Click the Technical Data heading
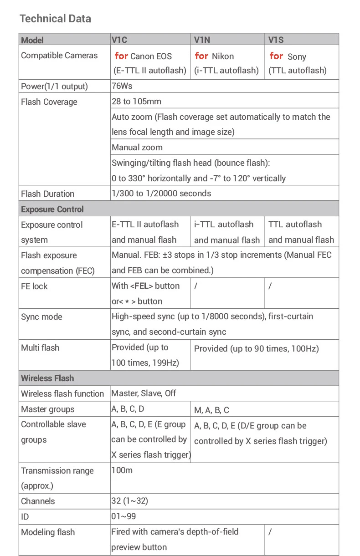tap(55, 19)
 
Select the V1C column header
tap(119, 40)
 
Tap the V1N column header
tap(202, 40)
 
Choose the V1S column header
tap(276, 40)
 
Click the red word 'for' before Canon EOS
tap(121, 56)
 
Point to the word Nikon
tap(223, 56)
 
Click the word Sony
tap(297, 57)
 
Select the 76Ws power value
tap(122, 86)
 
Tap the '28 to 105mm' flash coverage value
tap(136, 101)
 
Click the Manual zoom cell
tap(137, 147)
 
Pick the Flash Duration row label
tap(47, 194)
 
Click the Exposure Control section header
tap(52, 209)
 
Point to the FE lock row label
tap(34, 286)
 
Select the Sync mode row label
tap(41, 317)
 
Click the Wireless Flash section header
tap(47, 378)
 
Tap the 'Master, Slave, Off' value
tap(144, 393)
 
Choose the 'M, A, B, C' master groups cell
tap(211, 410)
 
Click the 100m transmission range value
tap(122, 470)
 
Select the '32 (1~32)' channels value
tap(129, 501)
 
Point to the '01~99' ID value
tap(123, 516)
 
